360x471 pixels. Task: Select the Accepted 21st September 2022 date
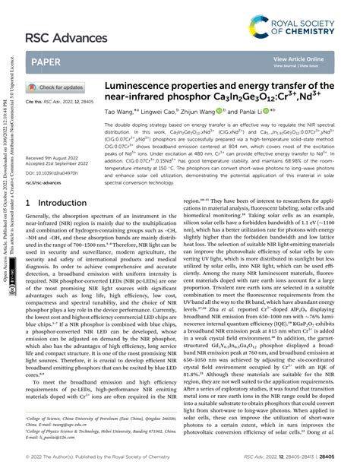[63, 163]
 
